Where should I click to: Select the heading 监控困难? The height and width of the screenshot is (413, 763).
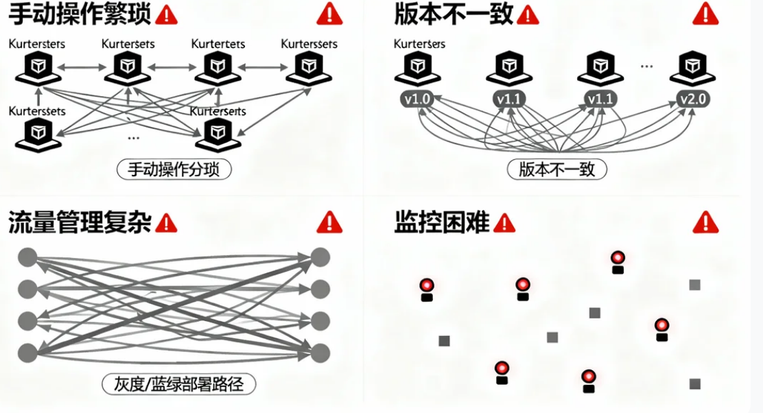(442, 222)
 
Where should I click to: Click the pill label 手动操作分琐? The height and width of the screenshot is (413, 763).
(174, 169)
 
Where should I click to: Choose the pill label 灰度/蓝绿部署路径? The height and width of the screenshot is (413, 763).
(178, 383)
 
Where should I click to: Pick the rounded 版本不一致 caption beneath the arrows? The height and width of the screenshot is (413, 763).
(557, 169)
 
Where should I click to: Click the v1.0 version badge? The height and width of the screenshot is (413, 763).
(418, 99)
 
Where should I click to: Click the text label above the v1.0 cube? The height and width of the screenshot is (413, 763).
(419, 44)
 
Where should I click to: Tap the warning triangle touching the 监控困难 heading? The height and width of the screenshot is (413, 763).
(504, 222)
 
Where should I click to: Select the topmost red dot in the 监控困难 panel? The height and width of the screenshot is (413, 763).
(618, 258)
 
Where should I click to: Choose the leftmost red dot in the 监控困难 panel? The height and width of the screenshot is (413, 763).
(427, 285)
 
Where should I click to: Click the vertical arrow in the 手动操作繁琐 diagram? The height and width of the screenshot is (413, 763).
(39, 96)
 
